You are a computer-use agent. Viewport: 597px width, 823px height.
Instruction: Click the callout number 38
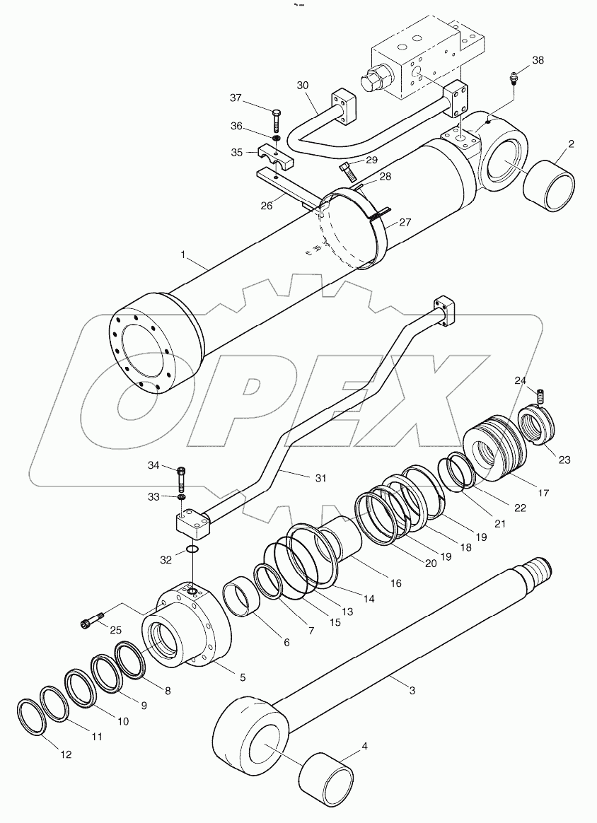click(538, 60)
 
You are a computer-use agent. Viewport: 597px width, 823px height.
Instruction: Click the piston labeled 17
click(494, 453)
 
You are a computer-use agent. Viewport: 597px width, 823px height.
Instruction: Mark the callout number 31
click(320, 478)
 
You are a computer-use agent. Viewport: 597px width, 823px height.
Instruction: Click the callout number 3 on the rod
click(412, 685)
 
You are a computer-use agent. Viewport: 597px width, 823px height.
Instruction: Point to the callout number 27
click(404, 221)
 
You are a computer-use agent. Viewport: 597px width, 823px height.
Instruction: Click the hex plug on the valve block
click(373, 78)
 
